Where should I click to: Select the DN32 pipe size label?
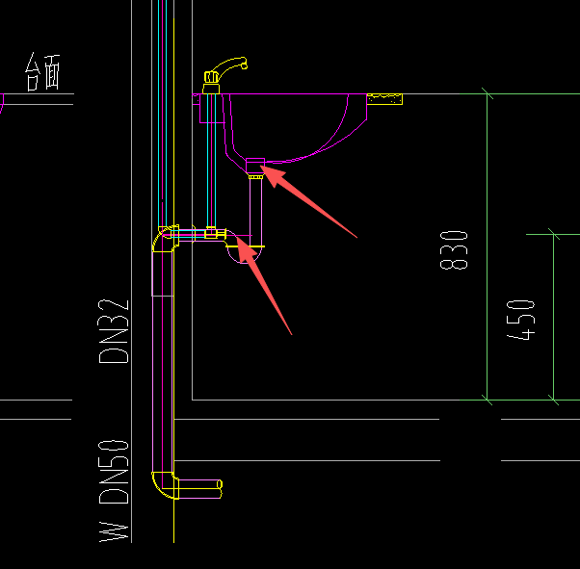point(114,329)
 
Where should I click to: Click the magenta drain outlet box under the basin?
point(255,162)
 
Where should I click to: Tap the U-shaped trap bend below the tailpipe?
point(241,252)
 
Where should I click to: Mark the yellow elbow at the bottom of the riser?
point(164,485)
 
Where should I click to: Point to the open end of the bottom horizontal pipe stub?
point(221,485)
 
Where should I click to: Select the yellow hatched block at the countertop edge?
point(385,98)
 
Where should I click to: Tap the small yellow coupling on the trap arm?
point(210,232)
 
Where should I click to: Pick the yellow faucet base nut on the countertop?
point(213,88)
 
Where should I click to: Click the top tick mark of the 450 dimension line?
point(553,233)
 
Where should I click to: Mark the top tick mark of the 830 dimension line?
point(488,93)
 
